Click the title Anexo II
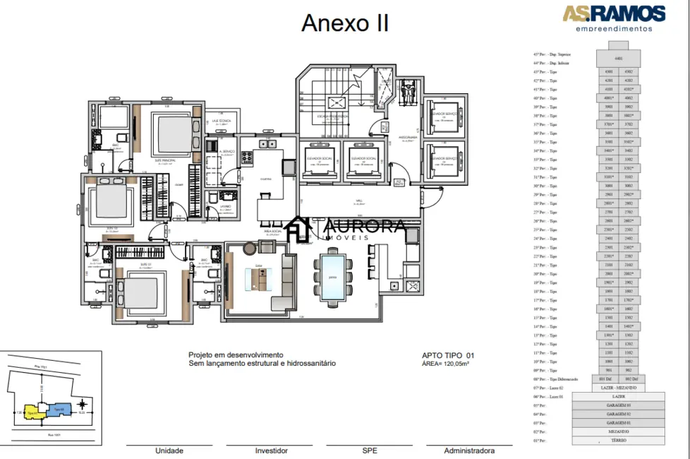click(x=344, y=23)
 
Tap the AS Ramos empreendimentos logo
click(x=613, y=18)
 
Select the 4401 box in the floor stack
click(x=619, y=59)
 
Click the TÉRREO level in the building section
click(x=619, y=441)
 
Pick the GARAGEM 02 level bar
click(x=619, y=414)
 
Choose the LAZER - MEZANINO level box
click(x=619, y=388)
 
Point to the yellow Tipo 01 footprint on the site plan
click(x=32, y=411)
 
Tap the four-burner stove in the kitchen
click(x=248, y=157)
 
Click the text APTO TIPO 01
click(x=448, y=355)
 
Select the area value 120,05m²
click(x=445, y=364)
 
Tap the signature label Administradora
click(x=469, y=451)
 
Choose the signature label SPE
click(x=370, y=451)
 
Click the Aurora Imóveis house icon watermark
click(x=301, y=229)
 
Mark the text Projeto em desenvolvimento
click(x=236, y=354)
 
